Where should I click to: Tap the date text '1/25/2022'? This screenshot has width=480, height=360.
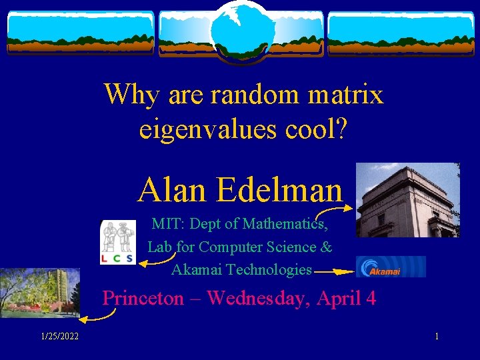59,337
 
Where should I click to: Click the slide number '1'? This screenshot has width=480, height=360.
437,337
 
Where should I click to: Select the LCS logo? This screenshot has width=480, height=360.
117,242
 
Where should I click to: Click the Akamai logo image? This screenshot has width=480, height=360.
391,267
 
